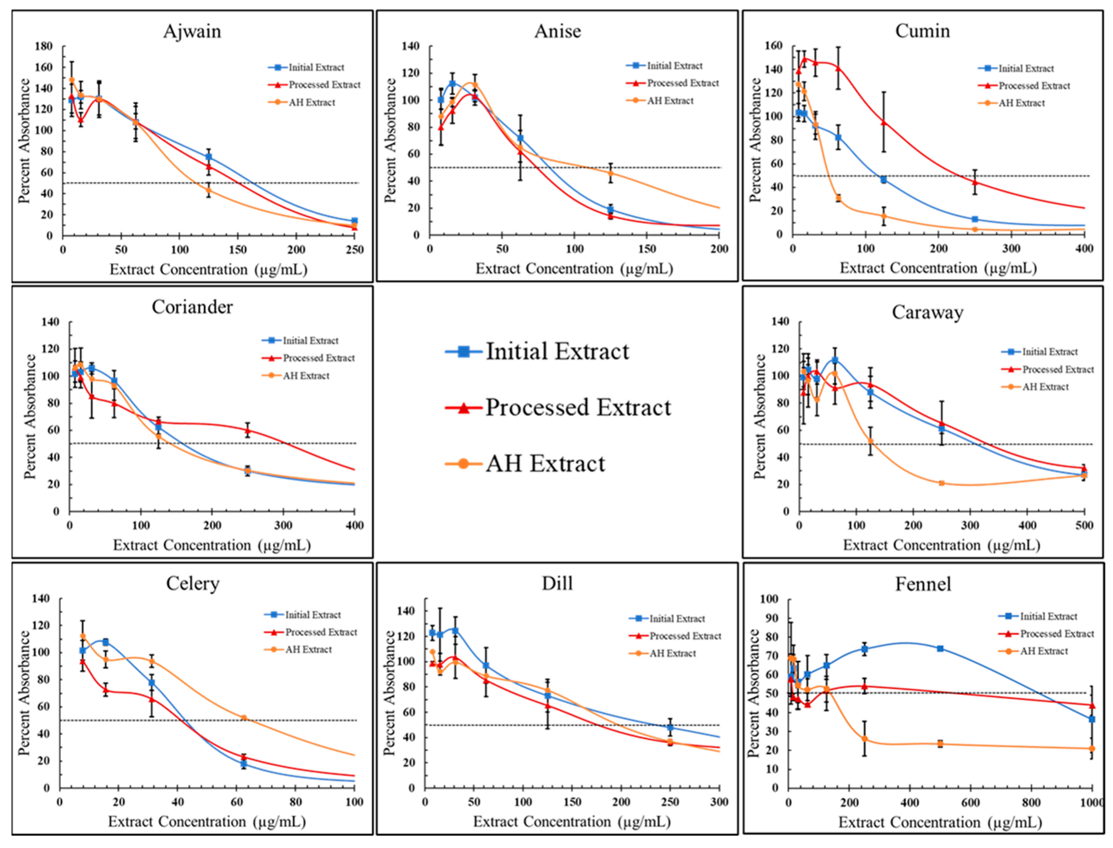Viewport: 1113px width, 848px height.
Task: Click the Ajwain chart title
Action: point(192,31)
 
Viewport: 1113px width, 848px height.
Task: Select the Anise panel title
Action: point(557,31)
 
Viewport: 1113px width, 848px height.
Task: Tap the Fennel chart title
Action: point(923,584)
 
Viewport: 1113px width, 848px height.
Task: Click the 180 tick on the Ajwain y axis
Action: point(43,46)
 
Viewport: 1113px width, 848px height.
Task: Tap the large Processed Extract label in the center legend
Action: point(578,407)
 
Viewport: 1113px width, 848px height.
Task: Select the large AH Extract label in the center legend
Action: point(545,464)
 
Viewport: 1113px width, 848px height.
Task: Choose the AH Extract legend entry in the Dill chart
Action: point(672,653)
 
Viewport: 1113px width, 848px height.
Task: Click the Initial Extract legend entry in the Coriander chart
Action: point(310,341)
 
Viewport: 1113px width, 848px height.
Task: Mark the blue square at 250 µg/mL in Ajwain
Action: point(355,221)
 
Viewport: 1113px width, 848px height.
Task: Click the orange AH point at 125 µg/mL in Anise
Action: point(611,173)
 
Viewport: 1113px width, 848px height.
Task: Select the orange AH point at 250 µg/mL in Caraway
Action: point(941,484)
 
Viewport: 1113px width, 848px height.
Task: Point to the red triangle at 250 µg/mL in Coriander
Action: point(248,430)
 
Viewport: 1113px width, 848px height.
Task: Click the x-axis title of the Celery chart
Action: point(207,821)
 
